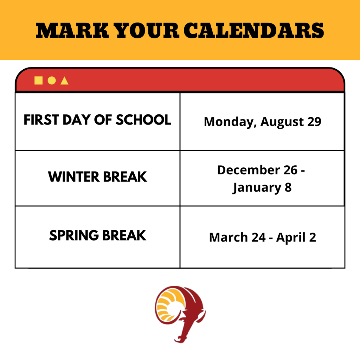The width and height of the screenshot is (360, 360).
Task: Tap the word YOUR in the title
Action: click(147, 31)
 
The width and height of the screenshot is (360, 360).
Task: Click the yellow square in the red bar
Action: click(38, 81)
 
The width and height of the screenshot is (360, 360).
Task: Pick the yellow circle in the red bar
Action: click(51, 81)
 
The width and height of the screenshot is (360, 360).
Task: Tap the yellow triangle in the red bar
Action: click(64, 81)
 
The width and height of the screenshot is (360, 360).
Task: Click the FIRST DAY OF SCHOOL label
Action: click(97, 120)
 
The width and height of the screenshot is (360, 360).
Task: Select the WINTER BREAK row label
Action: click(97, 176)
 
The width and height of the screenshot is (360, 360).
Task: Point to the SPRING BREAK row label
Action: click(97, 235)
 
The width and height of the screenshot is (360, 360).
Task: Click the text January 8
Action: click(262, 187)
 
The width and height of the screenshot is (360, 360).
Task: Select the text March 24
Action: click(237, 237)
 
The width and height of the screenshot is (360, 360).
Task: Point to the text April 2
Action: click(296, 237)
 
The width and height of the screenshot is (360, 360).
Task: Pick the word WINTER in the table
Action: click(73, 176)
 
